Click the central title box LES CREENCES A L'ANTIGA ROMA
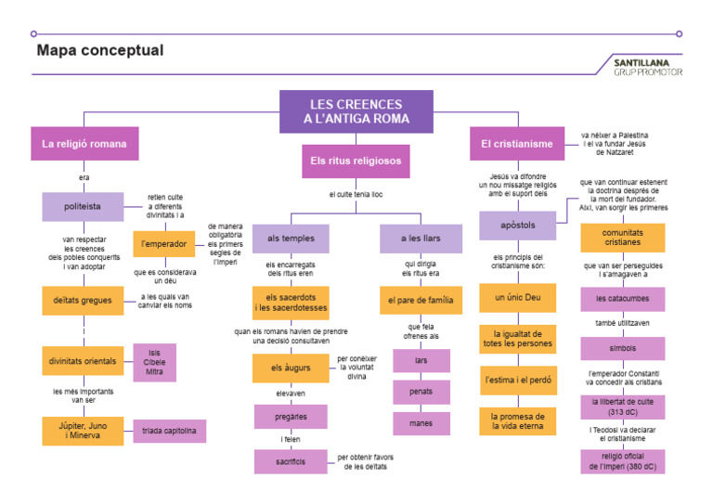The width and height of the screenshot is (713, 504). pyautogui.click(x=356, y=111)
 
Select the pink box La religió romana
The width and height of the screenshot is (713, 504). pyautogui.click(x=84, y=144)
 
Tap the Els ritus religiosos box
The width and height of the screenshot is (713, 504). pyautogui.click(x=356, y=161)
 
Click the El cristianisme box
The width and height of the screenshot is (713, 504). pyautogui.click(x=517, y=144)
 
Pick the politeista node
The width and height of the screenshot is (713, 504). pyautogui.click(x=83, y=207)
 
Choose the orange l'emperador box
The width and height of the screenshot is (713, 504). pyautogui.click(x=164, y=244)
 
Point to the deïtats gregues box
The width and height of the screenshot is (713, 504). pyautogui.click(x=83, y=300)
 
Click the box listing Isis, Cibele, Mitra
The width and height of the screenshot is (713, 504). pyautogui.click(x=154, y=361)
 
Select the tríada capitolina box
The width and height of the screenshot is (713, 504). pyautogui.click(x=169, y=432)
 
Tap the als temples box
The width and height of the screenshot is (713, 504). pyautogui.click(x=291, y=239)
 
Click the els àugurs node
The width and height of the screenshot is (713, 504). pyautogui.click(x=291, y=368)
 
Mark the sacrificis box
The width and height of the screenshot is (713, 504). pyautogui.click(x=291, y=461)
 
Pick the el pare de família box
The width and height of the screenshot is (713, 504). pyautogui.click(x=421, y=300)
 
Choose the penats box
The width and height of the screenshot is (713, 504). pyautogui.click(x=421, y=392)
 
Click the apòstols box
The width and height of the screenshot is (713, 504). pyautogui.click(x=518, y=226)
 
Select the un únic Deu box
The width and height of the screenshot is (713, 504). pyautogui.click(x=518, y=298)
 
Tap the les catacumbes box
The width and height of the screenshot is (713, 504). pyautogui.click(x=623, y=299)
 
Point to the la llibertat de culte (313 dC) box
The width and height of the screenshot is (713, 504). pyautogui.click(x=623, y=407)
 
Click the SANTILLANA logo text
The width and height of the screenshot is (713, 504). pyautogui.click(x=648, y=62)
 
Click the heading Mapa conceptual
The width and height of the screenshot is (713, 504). pyautogui.click(x=99, y=51)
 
